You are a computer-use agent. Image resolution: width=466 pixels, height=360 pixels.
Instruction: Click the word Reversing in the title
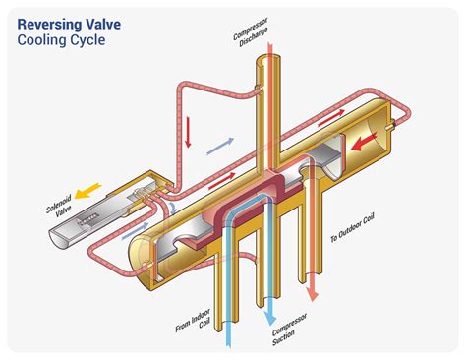(x=49, y=25)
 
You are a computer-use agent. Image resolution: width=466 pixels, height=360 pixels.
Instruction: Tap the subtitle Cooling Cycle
(x=61, y=40)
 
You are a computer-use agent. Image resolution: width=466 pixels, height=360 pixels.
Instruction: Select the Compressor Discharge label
(x=251, y=32)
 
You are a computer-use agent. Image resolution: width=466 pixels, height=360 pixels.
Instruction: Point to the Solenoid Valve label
(x=60, y=205)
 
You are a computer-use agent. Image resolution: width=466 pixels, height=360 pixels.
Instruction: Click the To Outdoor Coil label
(x=352, y=227)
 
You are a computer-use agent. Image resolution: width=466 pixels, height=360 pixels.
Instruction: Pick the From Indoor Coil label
(x=194, y=321)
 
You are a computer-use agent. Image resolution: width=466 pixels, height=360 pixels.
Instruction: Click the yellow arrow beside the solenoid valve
(x=87, y=191)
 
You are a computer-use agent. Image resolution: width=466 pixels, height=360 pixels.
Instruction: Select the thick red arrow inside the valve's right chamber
(x=364, y=142)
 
